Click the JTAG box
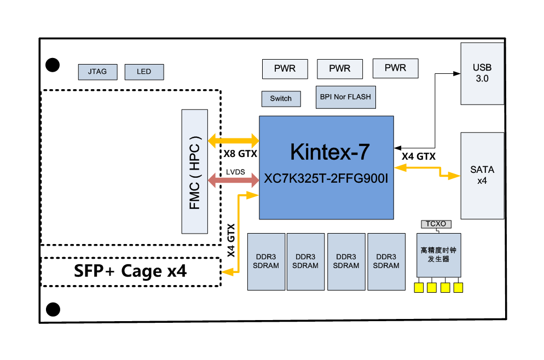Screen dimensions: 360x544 pyautogui.click(x=97, y=72)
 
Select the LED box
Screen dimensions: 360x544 pyautogui.click(x=144, y=72)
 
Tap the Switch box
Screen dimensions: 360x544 pyautogui.click(x=281, y=98)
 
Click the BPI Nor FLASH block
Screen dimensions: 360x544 pyautogui.click(x=345, y=97)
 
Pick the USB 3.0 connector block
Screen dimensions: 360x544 pyautogui.click(x=482, y=73)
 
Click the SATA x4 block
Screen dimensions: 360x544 pyautogui.click(x=482, y=175)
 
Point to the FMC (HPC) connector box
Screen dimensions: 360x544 pyautogui.click(x=195, y=170)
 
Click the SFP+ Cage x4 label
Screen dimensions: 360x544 pyautogui.click(x=130, y=271)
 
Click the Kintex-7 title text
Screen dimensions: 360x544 pyautogui.click(x=326, y=152)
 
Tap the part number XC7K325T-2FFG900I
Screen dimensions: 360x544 pyautogui.click(x=326, y=178)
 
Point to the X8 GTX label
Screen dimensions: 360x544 pyautogui.click(x=240, y=154)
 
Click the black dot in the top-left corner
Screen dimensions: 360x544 pyautogui.click(x=53, y=65)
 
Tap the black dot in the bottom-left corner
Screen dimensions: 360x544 pyautogui.click(x=53, y=309)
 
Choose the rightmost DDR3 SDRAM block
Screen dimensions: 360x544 pyautogui.click(x=386, y=262)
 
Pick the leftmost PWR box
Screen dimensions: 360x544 pyautogui.click(x=285, y=68)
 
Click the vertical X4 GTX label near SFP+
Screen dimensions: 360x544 pyautogui.click(x=232, y=240)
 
